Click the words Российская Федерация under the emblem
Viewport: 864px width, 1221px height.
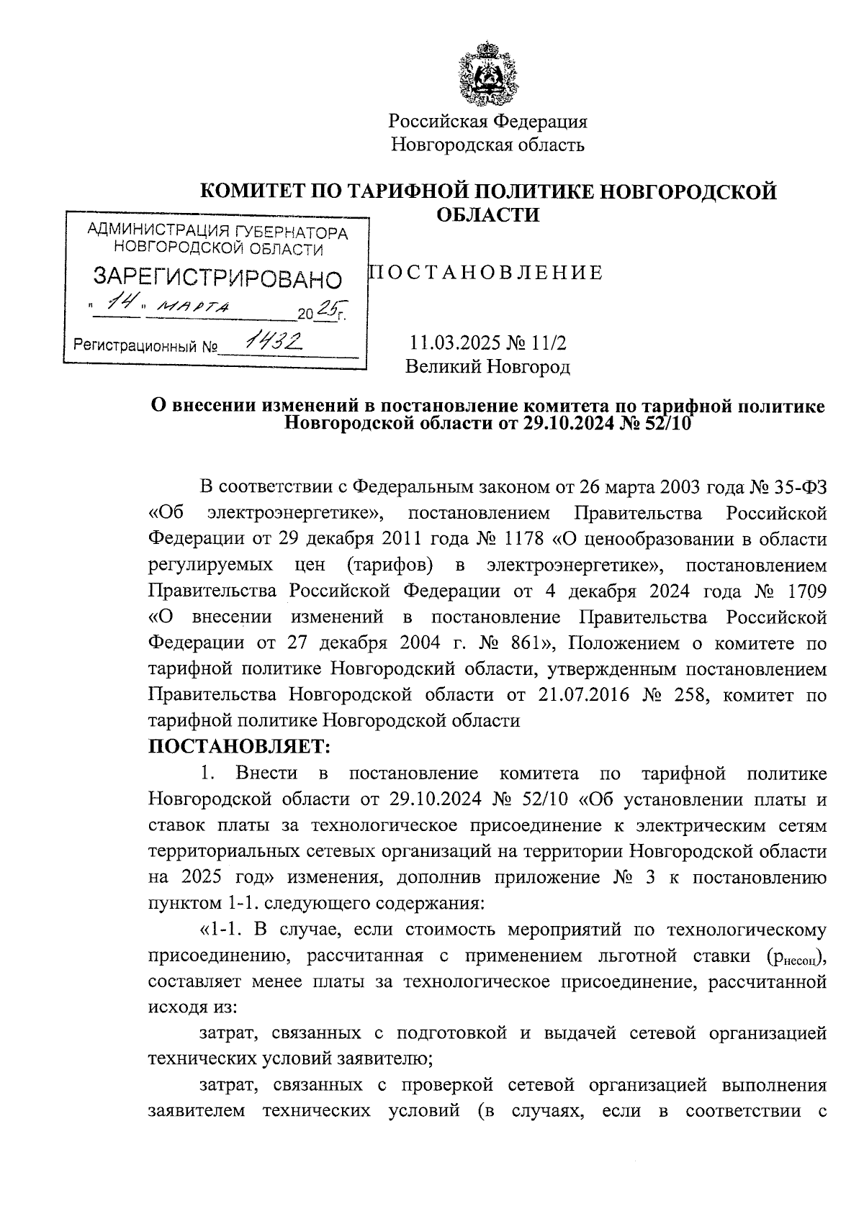tap(488, 122)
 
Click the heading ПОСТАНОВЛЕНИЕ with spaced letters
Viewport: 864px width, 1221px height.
tap(485, 273)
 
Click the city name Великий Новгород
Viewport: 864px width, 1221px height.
tap(487, 367)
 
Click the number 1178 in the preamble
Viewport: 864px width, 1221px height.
tap(523, 539)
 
